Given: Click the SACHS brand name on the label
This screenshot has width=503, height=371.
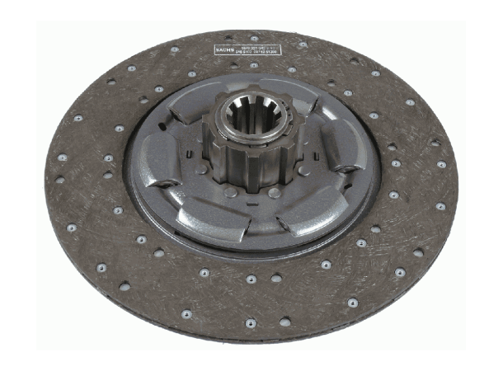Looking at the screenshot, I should coord(224,50).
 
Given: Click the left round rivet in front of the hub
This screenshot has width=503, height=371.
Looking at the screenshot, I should coord(232,192).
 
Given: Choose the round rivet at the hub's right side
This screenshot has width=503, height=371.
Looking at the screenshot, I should coord(307,168).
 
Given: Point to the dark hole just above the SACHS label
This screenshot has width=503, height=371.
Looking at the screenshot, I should coord(231,39).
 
